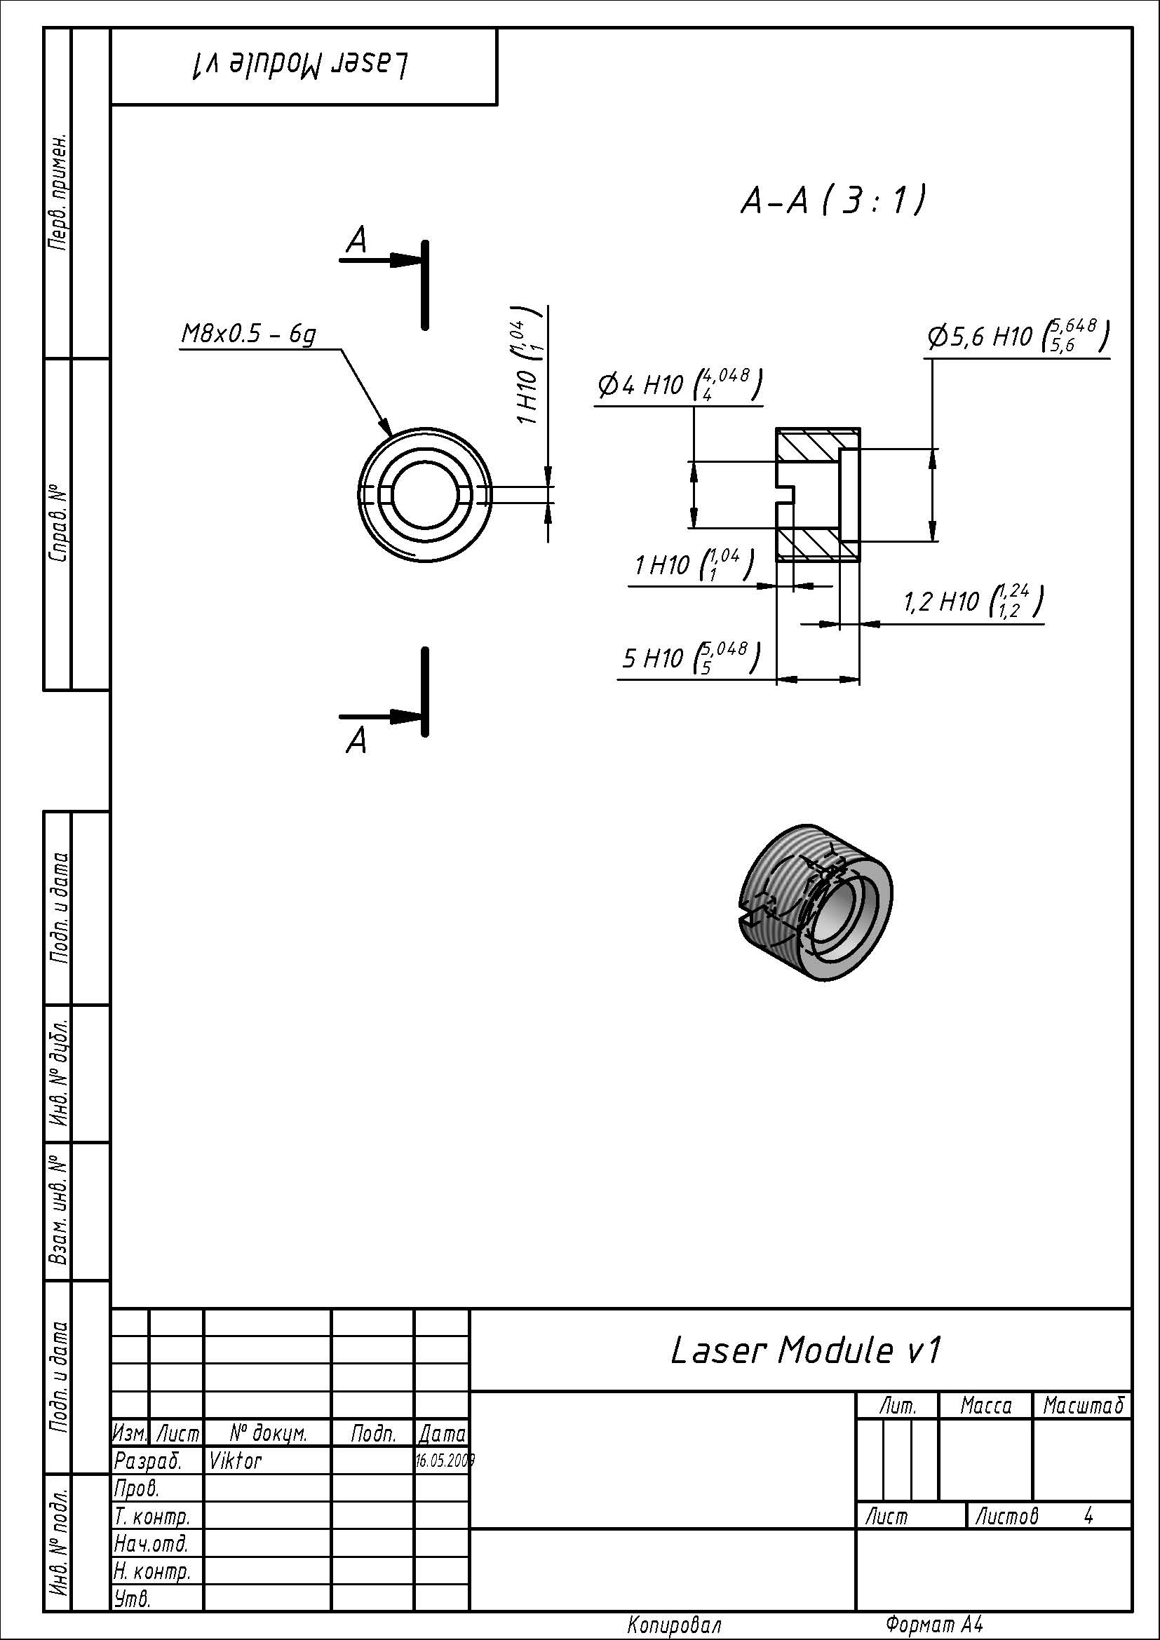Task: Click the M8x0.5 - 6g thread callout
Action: point(248,334)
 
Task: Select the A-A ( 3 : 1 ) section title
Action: point(833,201)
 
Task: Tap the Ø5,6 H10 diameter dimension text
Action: point(1017,336)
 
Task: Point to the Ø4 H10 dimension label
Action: point(679,385)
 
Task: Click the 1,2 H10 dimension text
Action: point(972,602)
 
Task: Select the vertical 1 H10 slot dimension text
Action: point(528,366)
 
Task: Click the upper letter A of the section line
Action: point(356,240)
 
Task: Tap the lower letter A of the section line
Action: point(356,740)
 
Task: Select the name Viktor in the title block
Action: point(235,1461)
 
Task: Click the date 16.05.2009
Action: point(443,1461)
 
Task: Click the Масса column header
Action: point(985,1407)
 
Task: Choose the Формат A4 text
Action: point(933,1625)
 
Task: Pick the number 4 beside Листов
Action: point(1088,1515)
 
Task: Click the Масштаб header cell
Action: point(1083,1407)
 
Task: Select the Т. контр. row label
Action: point(151,1516)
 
